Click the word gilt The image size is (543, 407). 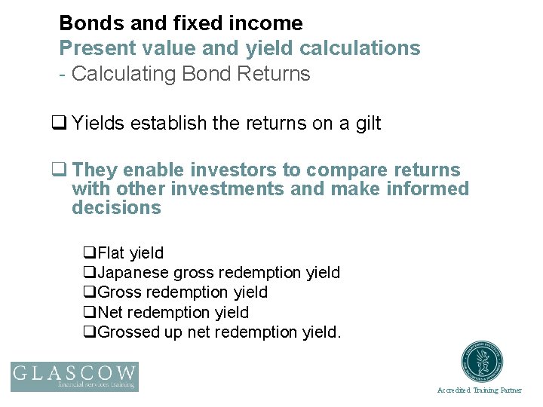coord(368,123)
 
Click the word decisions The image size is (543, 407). coord(116,208)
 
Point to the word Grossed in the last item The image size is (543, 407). coord(129,332)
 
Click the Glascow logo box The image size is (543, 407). coord(74,376)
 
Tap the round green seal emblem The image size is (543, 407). coord(483,361)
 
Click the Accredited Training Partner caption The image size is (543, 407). coord(479,390)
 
